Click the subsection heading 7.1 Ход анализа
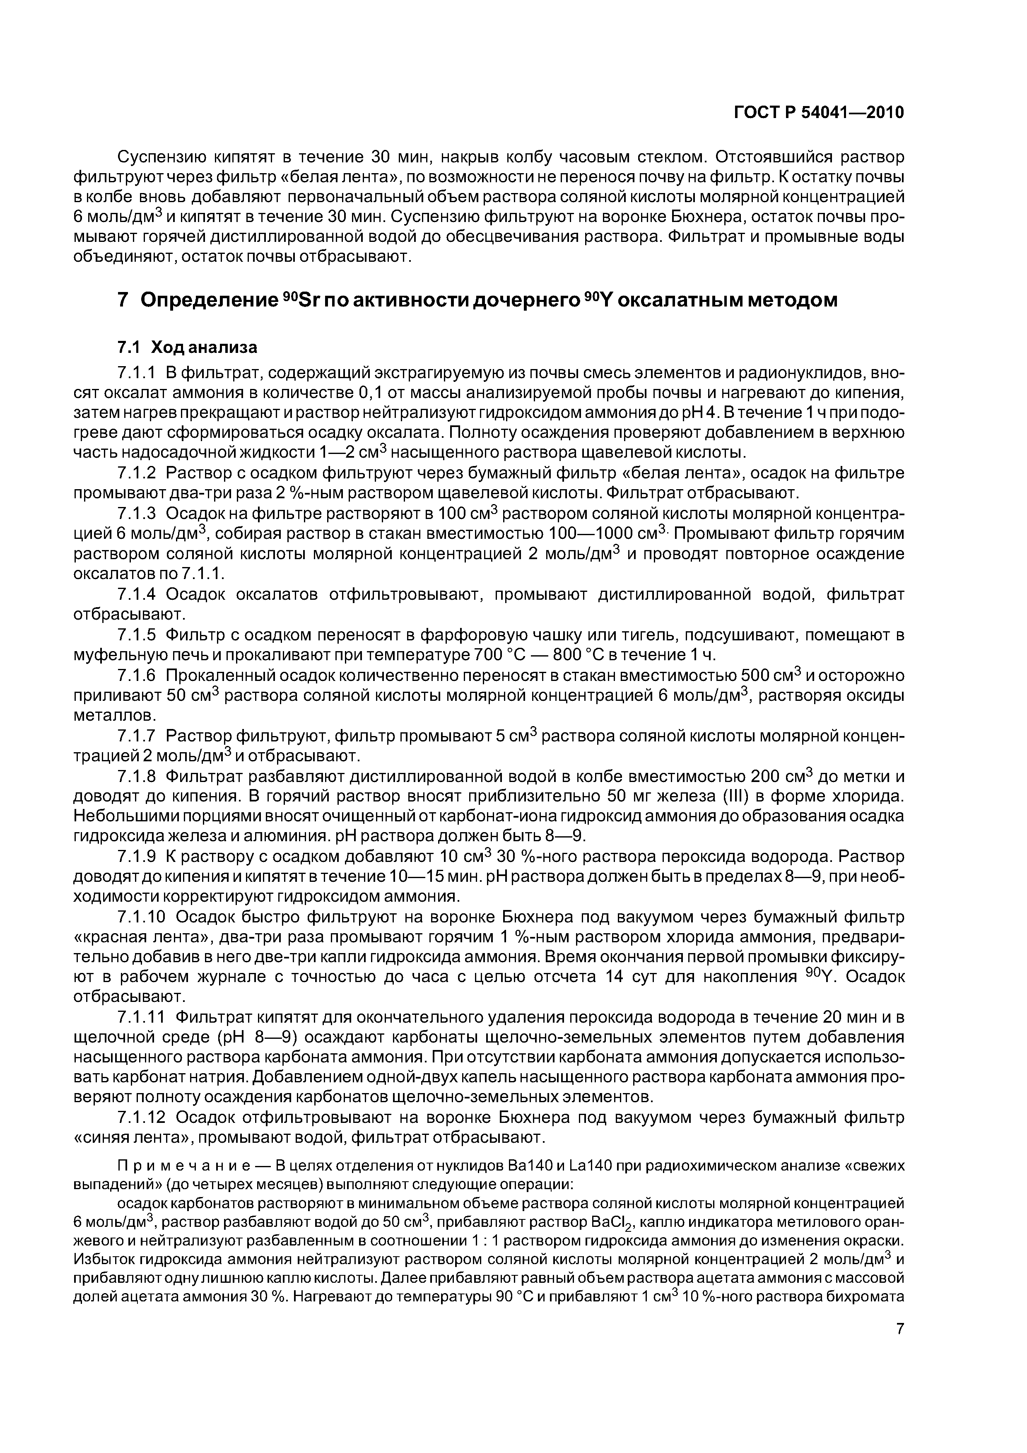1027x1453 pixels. coord(187,348)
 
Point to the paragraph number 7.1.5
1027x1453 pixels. coord(136,635)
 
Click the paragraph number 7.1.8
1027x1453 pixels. coord(136,777)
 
